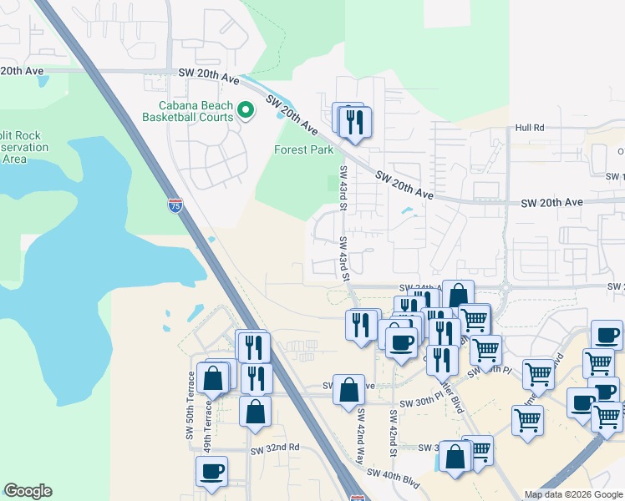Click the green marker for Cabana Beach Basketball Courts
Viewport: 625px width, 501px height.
246,110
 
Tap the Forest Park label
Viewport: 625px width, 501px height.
304,150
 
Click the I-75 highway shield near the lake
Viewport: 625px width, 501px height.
175,206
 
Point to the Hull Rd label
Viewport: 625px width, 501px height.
530,128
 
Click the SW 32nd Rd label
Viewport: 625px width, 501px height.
275,448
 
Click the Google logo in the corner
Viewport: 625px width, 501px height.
28,491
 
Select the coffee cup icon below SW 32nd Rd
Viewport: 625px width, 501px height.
211,470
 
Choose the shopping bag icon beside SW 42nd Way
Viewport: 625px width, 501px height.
348,390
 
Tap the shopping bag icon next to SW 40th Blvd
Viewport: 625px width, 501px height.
455,457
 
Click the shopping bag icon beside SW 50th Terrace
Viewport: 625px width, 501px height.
214,377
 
